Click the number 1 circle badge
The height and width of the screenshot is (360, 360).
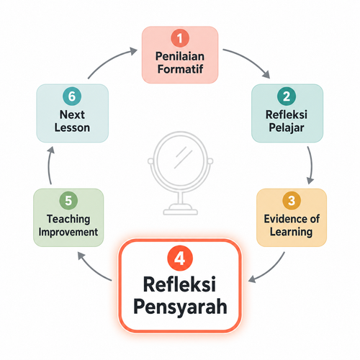pyautogui.click(x=180, y=38)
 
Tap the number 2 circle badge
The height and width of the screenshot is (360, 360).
pyautogui.click(x=287, y=96)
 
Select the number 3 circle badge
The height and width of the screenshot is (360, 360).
pyautogui.click(x=292, y=200)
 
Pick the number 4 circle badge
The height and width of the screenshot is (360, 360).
pyautogui.click(x=180, y=258)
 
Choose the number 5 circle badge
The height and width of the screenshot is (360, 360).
pyautogui.click(x=68, y=200)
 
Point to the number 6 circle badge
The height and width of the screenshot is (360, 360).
pyautogui.click(x=72, y=96)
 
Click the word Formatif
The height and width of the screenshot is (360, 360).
pyautogui.click(x=180, y=69)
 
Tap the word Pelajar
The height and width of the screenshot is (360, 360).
pyautogui.click(x=287, y=128)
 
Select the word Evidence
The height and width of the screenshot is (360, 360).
pyautogui.click(x=284, y=219)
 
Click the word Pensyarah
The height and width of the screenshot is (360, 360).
pyautogui.click(x=180, y=307)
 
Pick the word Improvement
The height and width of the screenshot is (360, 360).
pyautogui.click(x=68, y=232)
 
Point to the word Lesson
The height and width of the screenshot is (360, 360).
pyautogui.click(x=72, y=127)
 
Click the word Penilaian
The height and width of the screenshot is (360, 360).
pyautogui.click(x=180, y=56)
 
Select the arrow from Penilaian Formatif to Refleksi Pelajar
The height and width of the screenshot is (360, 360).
pyautogui.click(x=250, y=59)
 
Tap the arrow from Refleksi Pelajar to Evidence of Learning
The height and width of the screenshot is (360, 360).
pyautogui.click(x=312, y=165)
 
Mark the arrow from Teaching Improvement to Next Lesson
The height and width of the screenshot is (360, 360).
pyautogui.click(x=49, y=165)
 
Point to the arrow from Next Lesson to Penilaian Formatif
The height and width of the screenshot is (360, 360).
pyautogui.click(x=109, y=60)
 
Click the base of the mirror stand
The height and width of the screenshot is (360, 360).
pyautogui.click(x=180, y=210)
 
